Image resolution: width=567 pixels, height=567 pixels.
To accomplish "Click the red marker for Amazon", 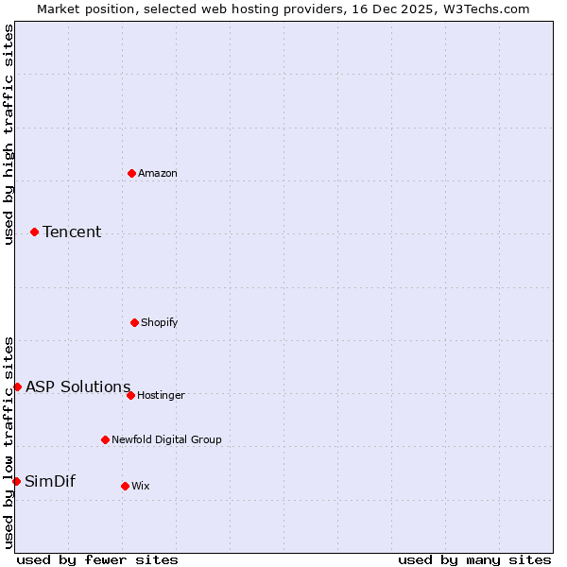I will (x=131, y=173).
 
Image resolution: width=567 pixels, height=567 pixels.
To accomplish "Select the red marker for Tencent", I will (x=34, y=232).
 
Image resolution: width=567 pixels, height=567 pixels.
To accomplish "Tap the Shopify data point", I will (x=134, y=322).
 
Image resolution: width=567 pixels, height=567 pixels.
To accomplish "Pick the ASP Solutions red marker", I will (x=17, y=387).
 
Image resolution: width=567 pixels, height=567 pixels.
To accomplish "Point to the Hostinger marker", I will (x=130, y=395).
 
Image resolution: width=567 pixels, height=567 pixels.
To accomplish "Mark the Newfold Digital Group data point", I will (x=105, y=439).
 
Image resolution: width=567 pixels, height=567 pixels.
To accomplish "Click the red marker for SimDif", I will (x=16, y=481).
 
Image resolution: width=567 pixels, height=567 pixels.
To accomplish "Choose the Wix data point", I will (x=125, y=486).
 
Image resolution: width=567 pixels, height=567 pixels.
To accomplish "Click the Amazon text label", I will (x=158, y=173).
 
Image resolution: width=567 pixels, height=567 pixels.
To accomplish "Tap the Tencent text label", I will (x=72, y=232).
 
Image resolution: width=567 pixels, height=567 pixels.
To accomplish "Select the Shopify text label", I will (x=160, y=322).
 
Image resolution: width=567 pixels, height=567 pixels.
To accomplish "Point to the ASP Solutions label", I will (x=78, y=387).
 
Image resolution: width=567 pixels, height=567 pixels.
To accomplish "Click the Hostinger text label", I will (x=161, y=395).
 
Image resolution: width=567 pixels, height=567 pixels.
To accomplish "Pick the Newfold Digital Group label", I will (x=166, y=439).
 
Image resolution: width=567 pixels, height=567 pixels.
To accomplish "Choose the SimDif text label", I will (x=50, y=481).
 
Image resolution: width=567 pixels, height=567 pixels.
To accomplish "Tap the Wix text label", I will (x=141, y=486).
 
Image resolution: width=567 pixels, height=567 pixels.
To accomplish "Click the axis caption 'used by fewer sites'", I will (x=97, y=559).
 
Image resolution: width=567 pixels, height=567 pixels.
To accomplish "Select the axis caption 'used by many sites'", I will (x=474, y=559).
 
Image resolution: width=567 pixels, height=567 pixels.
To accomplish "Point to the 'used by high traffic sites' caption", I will (x=9, y=134).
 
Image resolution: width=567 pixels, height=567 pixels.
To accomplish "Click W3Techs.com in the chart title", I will (x=483, y=9).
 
